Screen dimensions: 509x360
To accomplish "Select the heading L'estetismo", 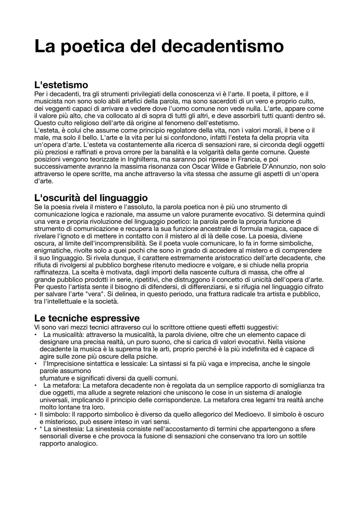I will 61,85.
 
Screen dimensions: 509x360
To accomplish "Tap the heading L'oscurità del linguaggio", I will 91,198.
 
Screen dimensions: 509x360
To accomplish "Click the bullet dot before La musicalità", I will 35,335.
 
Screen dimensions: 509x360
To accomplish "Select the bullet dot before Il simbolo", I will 35,414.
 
